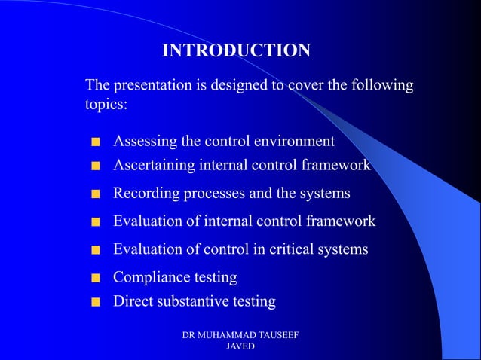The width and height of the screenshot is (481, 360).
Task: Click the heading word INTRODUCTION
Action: [236, 50]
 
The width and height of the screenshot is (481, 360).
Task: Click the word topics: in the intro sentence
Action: [106, 105]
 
